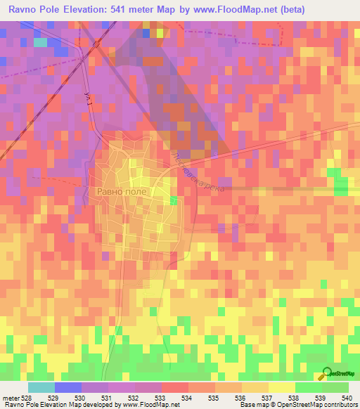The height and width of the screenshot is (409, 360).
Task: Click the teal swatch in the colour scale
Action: click(41, 387)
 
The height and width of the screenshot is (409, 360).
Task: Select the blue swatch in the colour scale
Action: click(68, 387)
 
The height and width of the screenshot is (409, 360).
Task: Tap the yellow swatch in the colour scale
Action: click(281, 387)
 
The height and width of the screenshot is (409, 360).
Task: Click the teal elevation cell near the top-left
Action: click(40, 42)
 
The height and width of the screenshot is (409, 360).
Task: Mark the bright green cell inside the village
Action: click(174, 201)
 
